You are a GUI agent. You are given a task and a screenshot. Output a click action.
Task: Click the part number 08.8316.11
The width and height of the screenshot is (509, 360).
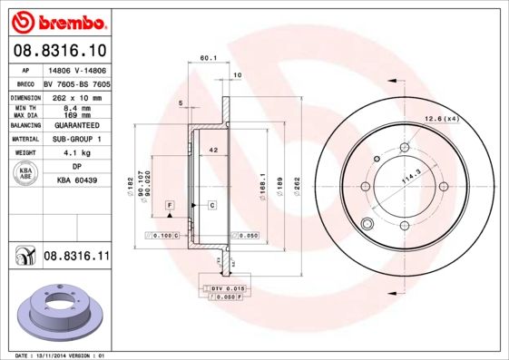coord(76,257)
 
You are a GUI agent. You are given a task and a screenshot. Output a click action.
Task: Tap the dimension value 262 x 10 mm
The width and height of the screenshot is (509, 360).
coord(76,97)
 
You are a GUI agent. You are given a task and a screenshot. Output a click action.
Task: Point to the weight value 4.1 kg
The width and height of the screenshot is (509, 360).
coord(76,154)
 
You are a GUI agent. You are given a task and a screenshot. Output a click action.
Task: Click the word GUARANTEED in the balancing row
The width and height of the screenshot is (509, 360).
coord(76,126)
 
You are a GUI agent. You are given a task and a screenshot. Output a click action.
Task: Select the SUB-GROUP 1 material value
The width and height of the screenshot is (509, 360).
coord(76,140)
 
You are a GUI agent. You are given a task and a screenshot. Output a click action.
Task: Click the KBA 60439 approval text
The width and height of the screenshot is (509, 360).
coord(76,180)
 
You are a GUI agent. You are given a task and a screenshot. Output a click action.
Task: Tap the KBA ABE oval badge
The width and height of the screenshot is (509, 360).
coord(26,174)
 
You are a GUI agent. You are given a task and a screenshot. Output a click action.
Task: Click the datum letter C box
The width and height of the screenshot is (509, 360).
coord(212,207)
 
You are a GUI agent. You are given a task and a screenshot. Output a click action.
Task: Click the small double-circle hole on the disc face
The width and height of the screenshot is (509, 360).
coord(367,225)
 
